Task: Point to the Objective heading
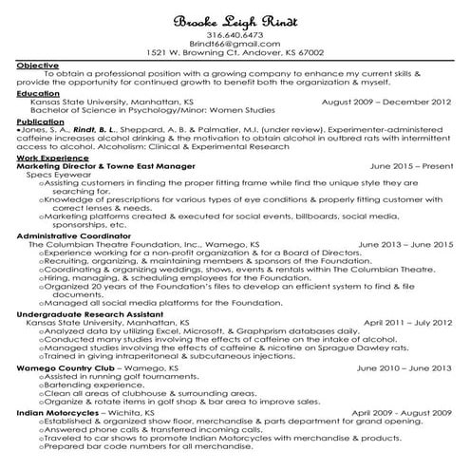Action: coord(37,65)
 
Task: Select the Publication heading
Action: coord(42,122)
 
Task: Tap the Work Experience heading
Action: coord(50,158)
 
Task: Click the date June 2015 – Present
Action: coord(411,165)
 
